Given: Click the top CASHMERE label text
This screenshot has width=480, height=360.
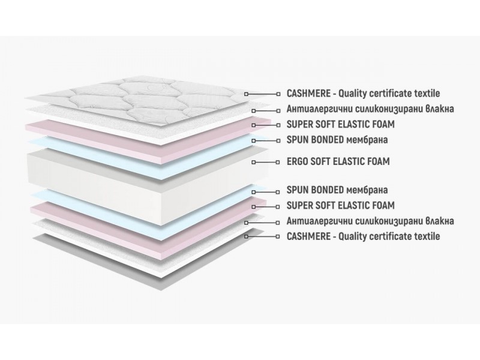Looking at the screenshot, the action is click(x=364, y=94).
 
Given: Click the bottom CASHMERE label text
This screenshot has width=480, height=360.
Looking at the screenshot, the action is click(x=364, y=236).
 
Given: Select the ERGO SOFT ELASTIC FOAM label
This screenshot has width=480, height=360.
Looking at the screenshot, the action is click(x=338, y=161).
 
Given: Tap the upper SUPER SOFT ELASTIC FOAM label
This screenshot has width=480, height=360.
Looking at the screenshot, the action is click(x=341, y=124).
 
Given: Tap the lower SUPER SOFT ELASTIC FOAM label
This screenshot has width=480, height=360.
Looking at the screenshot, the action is click(x=341, y=205).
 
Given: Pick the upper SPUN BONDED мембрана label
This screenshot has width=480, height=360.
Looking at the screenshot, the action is click(x=337, y=140).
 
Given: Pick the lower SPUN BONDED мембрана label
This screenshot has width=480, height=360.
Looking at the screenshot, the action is click(x=337, y=190).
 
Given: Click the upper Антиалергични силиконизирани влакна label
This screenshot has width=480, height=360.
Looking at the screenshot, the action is click(x=370, y=109).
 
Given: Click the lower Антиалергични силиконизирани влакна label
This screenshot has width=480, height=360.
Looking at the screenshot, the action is click(x=370, y=221).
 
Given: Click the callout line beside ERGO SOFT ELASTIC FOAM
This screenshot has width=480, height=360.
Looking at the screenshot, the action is click(x=265, y=162).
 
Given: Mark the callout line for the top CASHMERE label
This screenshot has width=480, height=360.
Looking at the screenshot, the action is click(x=262, y=94).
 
